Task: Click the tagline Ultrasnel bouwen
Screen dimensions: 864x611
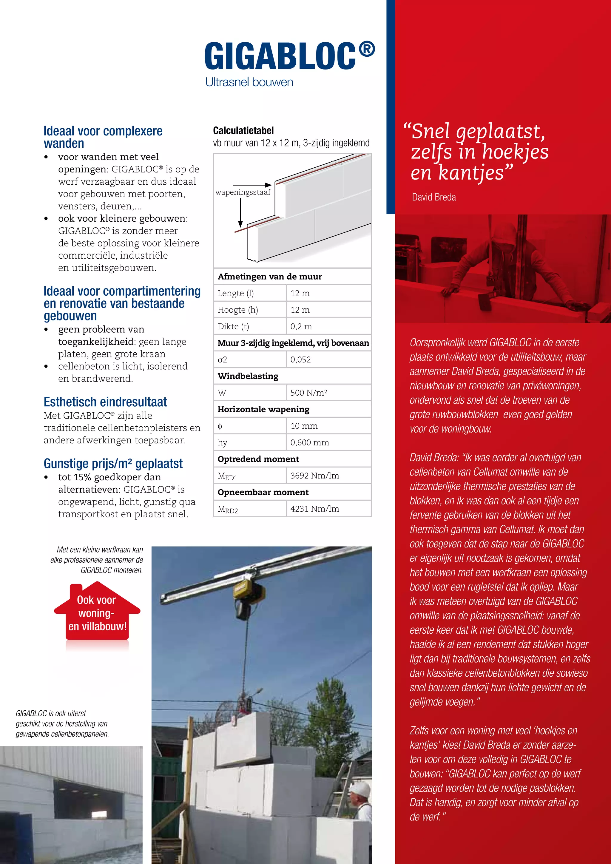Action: (249, 82)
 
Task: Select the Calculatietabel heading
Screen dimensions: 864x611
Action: (243, 131)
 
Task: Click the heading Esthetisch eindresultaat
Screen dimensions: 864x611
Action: (105, 402)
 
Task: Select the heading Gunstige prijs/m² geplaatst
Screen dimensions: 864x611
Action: (113, 463)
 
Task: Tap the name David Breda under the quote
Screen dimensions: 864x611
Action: (433, 197)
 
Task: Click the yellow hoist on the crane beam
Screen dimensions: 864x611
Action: (242, 590)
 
